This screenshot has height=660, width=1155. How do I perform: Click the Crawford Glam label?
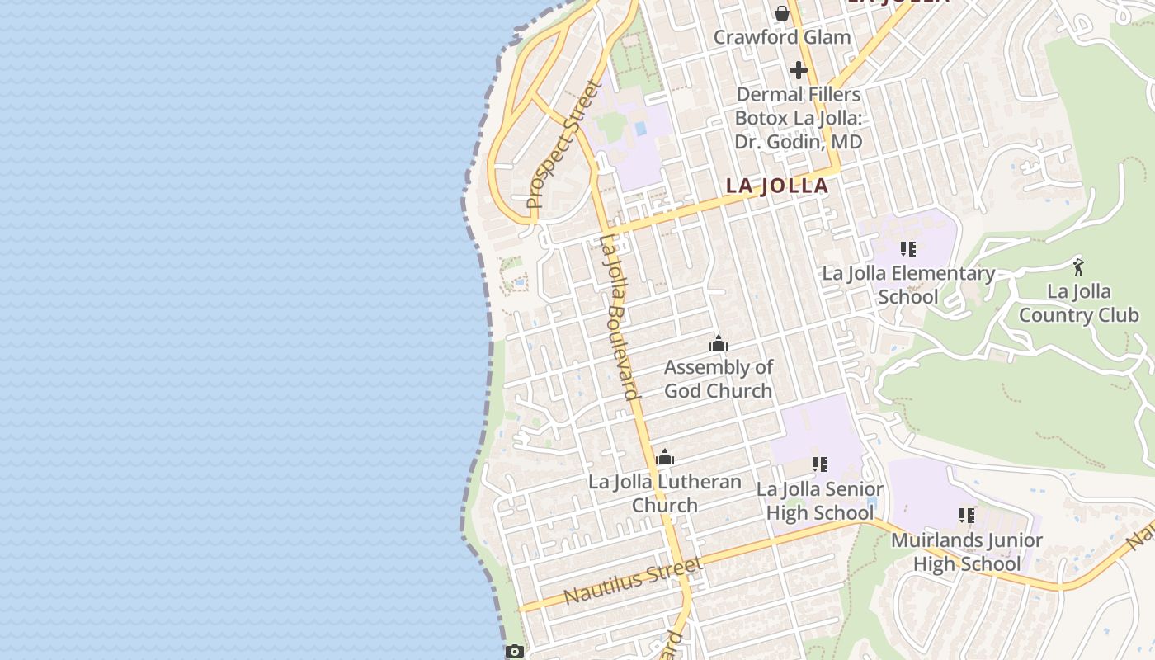click(x=782, y=37)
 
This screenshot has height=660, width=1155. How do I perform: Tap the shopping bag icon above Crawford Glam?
click(x=782, y=13)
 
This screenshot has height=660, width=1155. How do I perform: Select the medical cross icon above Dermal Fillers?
click(x=798, y=70)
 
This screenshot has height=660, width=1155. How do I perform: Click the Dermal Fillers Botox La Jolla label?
click(x=798, y=118)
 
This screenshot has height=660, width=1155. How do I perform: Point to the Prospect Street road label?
click(x=565, y=144)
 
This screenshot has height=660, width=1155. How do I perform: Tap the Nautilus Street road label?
click(x=634, y=580)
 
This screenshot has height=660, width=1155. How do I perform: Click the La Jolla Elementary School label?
click(x=907, y=285)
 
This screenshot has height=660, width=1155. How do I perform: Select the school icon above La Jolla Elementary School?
click(x=908, y=249)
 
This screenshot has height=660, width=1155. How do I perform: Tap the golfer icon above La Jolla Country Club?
click(x=1078, y=267)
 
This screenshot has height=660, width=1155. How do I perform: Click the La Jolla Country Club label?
click(x=1078, y=303)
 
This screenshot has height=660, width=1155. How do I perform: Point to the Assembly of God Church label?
click(x=719, y=379)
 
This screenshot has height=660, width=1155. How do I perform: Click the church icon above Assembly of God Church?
click(x=719, y=343)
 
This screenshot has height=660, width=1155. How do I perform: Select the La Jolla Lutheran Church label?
click(x=665, y=493)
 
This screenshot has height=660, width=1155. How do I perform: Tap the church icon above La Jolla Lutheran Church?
click(x=665, y=457)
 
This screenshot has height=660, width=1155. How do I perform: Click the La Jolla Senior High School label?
click(x=819, y=501)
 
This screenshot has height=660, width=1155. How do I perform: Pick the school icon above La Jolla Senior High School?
click(x=819, y=464)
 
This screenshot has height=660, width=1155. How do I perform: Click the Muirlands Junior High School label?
click(x=967, y=552)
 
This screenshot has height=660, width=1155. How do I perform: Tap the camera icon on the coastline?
click(x=514, y=652)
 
